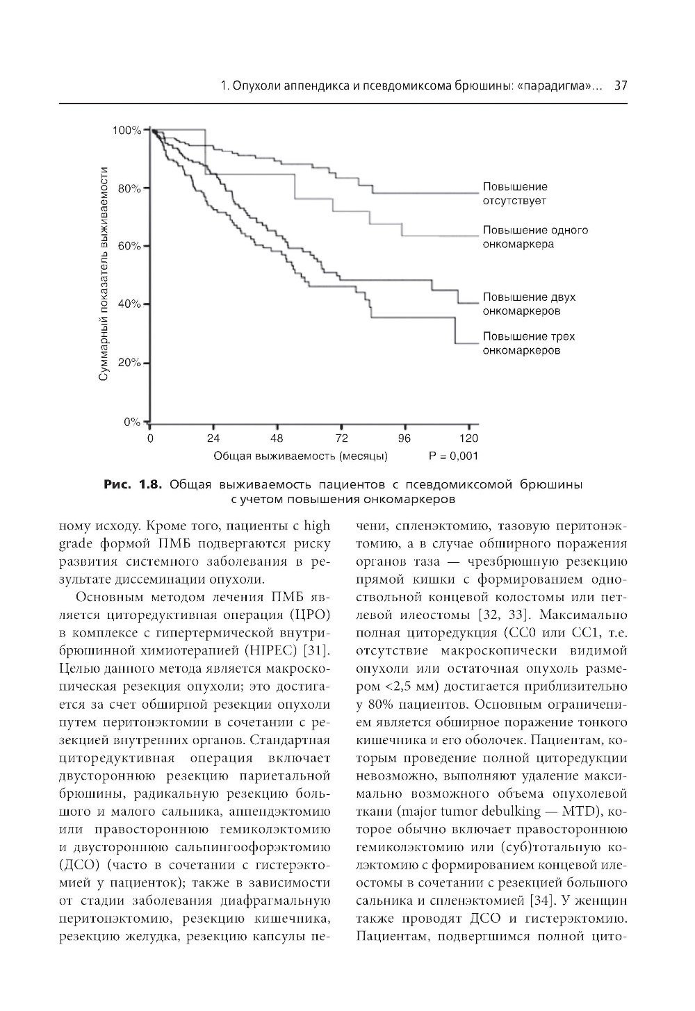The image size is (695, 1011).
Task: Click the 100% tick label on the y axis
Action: click(126, 131)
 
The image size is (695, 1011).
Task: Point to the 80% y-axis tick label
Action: click(129, 188)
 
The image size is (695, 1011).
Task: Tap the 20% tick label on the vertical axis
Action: click(129, 363)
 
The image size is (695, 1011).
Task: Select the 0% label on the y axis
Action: click(132, 422)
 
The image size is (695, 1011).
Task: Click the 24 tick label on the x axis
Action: click(213, 438)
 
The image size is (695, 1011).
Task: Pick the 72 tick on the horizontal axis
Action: click(341, 438)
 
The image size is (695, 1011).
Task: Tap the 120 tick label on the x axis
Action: click(469, 438)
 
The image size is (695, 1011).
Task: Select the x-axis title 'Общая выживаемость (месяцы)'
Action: click(300, 457)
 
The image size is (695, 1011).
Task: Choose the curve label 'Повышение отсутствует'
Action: click(515, 194)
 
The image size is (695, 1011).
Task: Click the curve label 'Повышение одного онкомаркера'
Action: click(535, 237)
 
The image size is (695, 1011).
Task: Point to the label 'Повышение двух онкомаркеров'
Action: click(529, 304)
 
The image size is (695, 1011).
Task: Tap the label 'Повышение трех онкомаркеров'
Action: click(529, 343)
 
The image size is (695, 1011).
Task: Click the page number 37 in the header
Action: click(621, 87)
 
